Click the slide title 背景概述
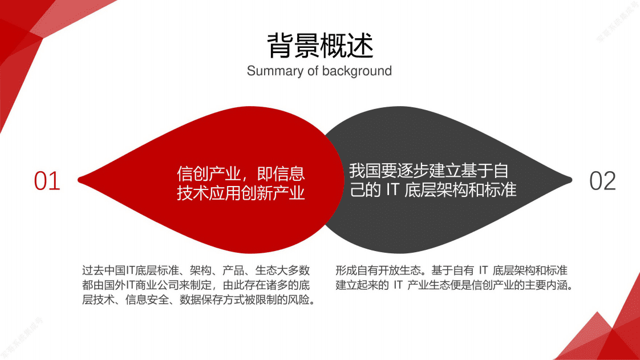click(x=320, y=46)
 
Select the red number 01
click(x=47, y=181)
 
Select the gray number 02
click(x=602, y=181)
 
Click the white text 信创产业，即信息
click(x=241, y=173)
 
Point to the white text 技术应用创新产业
click(x=241, y=193)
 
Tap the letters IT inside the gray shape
click(x=391, y=191)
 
